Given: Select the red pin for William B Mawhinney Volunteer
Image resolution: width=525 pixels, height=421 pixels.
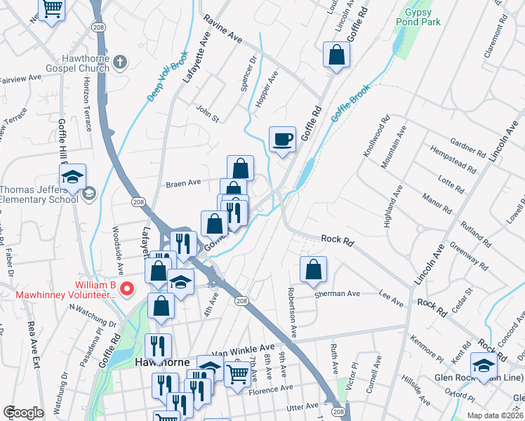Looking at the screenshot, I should coord(127,288).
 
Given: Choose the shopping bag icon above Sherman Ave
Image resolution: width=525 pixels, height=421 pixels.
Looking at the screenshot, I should coord(313,269).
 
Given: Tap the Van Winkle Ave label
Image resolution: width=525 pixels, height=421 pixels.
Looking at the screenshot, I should coord(244,348).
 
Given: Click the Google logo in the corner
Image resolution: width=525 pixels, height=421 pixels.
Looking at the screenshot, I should coord(23,413).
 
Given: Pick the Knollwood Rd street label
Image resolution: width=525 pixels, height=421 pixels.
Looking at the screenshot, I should coord(374,138).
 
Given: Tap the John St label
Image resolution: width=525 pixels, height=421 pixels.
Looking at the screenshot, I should coord(208,113).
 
